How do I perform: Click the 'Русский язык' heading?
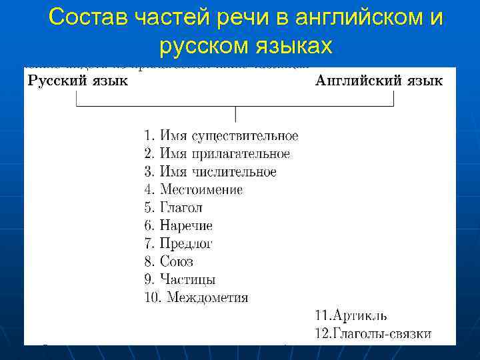tap(78, 82)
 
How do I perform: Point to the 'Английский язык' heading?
tap(379, 82)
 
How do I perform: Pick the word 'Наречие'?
tap(186, 226)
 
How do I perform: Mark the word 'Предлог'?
tap(186, 244)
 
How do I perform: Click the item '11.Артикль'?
tap(351, 315)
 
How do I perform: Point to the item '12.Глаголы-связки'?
tap(373, 333)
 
